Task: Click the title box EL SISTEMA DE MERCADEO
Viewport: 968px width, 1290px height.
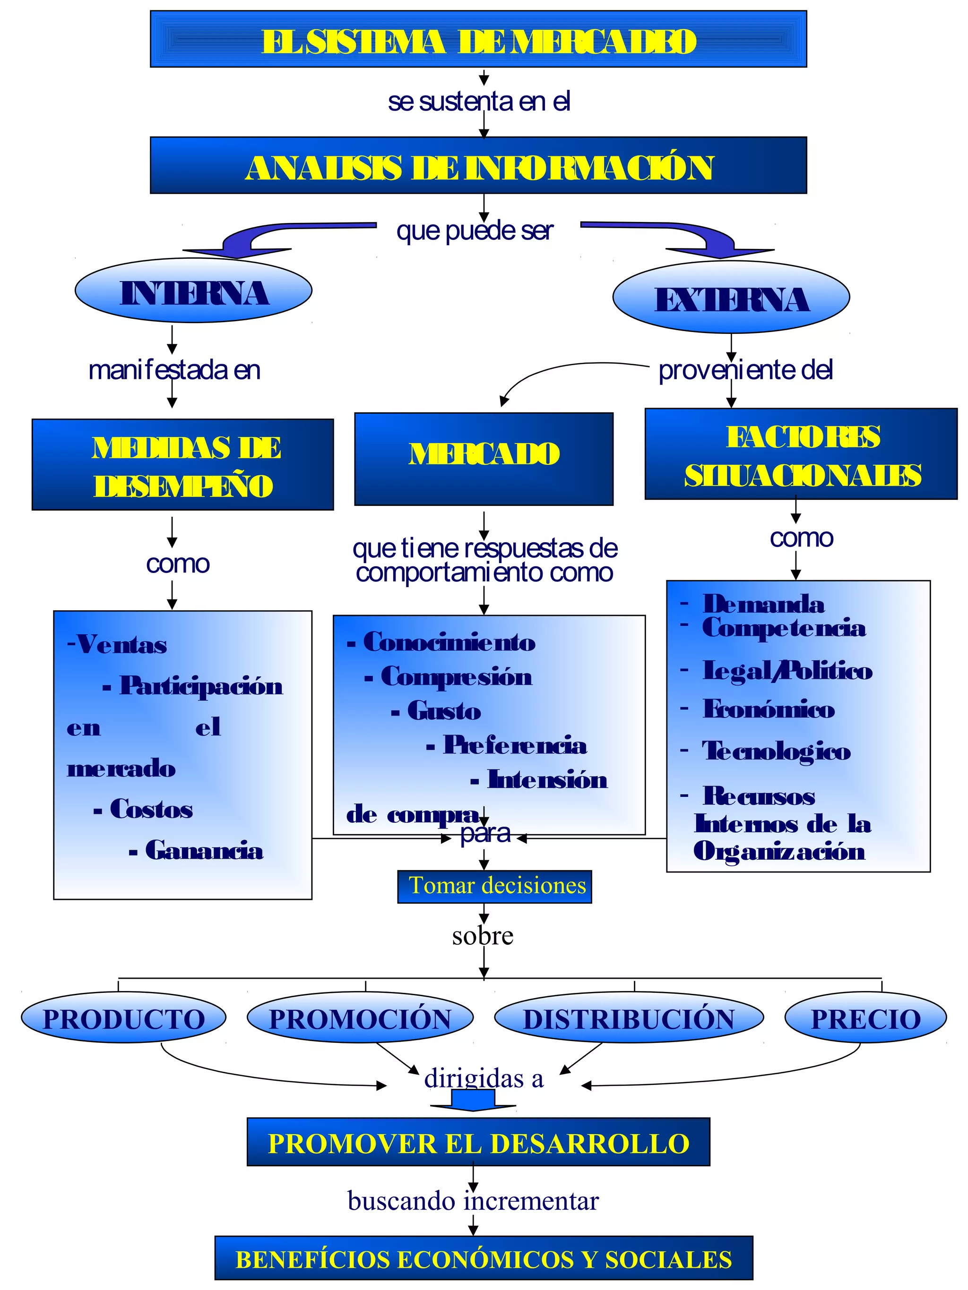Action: click(478, 39)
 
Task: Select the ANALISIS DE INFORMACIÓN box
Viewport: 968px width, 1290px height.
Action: click(478, 166)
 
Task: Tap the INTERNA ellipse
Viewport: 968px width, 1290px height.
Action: click(193, 291)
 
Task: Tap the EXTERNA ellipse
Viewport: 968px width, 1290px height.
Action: click(731, 298)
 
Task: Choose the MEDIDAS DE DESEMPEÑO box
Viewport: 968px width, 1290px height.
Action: click(182, 465)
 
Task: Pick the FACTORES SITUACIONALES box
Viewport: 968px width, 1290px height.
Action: click(801, 454)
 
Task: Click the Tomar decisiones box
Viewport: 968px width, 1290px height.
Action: click(494, 887)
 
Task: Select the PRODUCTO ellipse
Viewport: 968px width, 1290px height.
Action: click(124, 1019)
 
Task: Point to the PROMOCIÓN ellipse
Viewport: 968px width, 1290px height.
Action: click(360, 1019)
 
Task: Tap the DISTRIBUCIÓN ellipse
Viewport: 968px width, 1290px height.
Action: click(629, 1019)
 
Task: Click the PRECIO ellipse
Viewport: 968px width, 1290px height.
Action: click(865, 1019)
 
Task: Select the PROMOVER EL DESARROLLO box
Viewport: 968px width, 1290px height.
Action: click(478, 1143)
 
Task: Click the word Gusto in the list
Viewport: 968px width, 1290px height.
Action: click(444, 711)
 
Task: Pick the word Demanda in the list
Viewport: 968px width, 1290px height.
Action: click(763, 604)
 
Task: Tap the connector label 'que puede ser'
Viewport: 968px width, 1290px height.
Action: click(475, 231)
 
